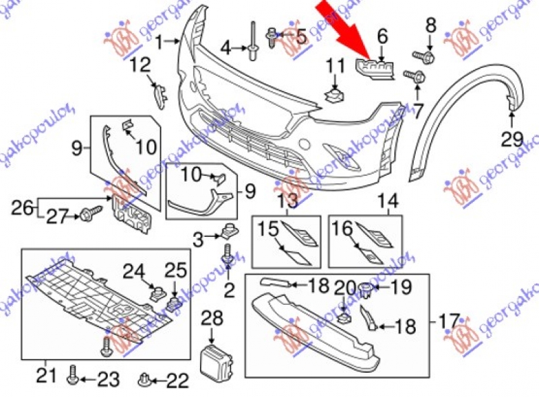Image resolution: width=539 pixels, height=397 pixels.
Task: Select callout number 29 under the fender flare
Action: pyautogui.click(x=512, y=140)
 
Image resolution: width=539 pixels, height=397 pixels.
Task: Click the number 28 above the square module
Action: pyautogui.click(x=212, y=316)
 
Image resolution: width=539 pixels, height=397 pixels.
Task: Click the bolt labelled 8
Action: pyautogui.click(x=429, y=52)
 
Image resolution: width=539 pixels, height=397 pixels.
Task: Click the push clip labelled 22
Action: pyautogui.click(x=144, y=382)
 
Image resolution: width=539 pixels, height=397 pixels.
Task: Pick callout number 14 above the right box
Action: pyautogui.click(x=387, y=200)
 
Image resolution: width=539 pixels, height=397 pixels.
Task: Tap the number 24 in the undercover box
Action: pyautogui.click(x=133, y=272)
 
